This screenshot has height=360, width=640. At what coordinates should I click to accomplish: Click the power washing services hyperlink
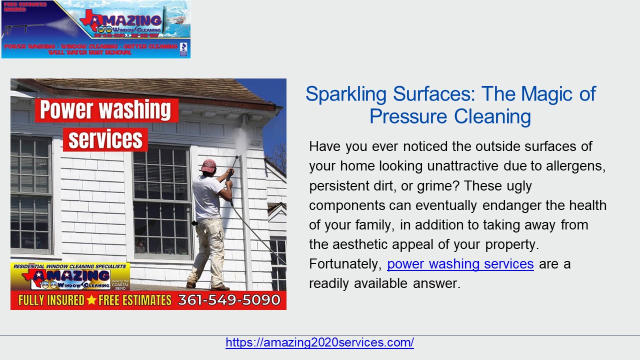click(x=460, y=264)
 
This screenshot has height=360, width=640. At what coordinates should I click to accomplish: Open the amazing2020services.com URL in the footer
click(x=319, y=342)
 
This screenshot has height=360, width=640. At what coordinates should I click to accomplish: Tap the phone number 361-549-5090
click(x=229, y=300)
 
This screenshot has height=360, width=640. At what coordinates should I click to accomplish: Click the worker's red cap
click(x=208, y=164)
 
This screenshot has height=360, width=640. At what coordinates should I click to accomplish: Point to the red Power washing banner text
click(x=106, y=110)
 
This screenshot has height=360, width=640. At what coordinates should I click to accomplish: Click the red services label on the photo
click(x=105, y=139)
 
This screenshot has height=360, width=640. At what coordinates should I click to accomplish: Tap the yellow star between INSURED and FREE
click(x=91, y=300)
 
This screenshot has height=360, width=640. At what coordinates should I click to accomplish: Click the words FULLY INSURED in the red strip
click(x=51, y=300)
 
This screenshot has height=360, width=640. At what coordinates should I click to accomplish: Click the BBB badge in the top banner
click(x=183, y=48)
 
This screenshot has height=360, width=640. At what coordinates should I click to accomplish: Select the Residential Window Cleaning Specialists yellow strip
click(x=69, y=266)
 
